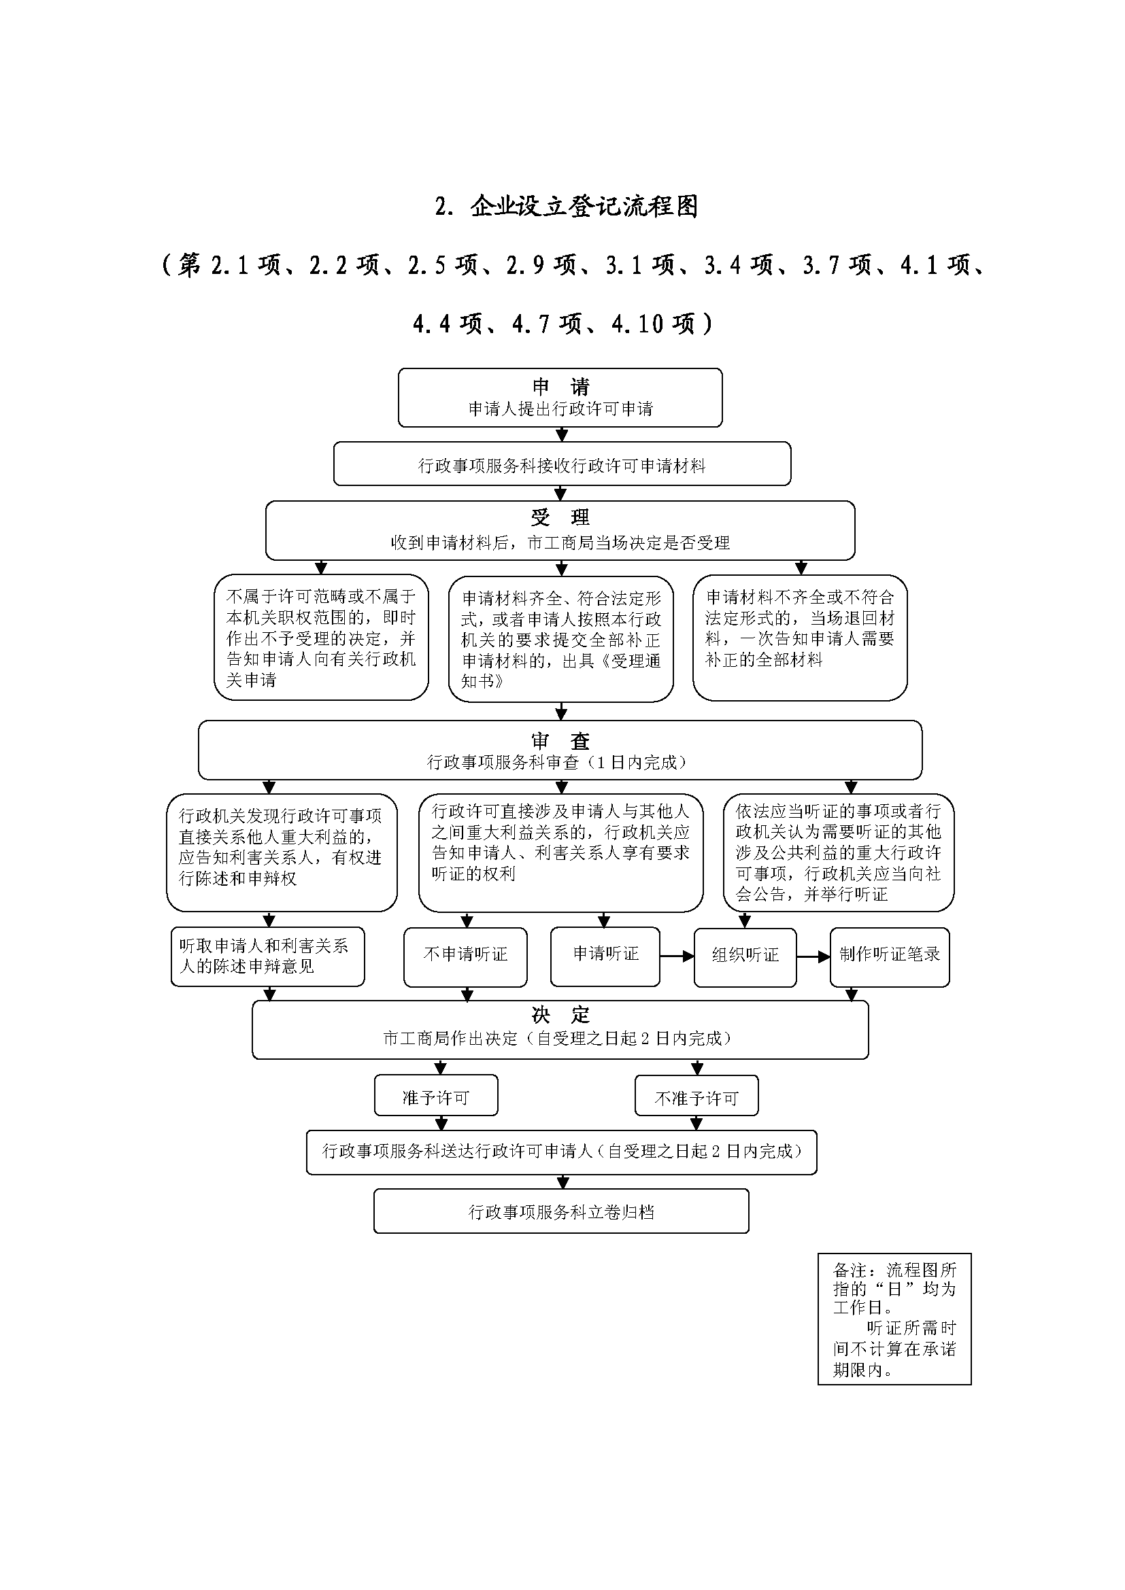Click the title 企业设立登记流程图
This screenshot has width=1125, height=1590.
(584, 207)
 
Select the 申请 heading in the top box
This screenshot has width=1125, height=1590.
(560, 385)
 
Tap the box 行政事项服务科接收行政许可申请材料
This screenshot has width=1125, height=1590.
(562, 466)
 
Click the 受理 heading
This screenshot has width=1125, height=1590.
(560, 517)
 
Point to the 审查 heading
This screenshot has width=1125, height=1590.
(560, 740)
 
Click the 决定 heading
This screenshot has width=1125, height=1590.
(560, 1015)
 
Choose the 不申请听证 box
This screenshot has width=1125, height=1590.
(465, 956)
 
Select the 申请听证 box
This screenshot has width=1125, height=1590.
(605, 956)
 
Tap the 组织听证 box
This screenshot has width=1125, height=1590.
(745, 956)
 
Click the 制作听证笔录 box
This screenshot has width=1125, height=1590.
(890, 956)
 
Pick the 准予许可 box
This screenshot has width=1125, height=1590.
(437, 1098)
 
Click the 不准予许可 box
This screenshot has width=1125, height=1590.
(697, 1099)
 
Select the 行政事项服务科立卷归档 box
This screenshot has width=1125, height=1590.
(561, 1212)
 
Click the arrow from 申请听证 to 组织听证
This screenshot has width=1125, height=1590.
(677, 956)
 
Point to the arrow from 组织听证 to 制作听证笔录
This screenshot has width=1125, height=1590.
(813, 956)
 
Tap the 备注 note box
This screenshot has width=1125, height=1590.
(894, 1319)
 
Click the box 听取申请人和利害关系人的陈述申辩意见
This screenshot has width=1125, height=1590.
(267, 956)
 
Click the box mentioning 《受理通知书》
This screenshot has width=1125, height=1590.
(561, 638)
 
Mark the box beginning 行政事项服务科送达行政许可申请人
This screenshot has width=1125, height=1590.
(562, 1152)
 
